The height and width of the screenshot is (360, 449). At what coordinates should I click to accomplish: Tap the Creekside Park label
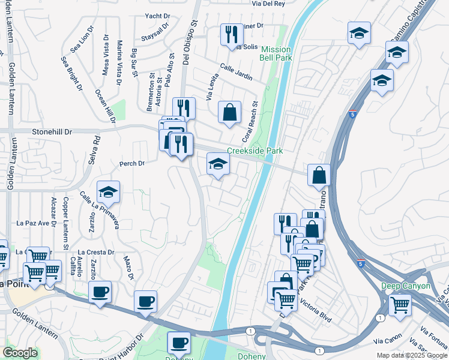(255, 151)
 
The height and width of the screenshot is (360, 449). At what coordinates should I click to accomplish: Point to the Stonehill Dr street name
(49, 131)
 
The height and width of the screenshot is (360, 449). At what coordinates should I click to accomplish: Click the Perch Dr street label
(132, 163)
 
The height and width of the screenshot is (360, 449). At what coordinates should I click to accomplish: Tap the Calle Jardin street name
(236, 72)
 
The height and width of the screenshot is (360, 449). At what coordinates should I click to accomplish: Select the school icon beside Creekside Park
(218, 164)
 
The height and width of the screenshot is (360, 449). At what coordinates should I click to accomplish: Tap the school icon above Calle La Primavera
(108, 191)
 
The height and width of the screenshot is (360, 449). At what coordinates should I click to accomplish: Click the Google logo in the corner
(20, 353)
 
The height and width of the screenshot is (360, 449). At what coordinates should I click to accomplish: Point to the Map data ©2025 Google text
(411, 355)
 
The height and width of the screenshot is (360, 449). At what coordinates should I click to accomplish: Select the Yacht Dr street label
(157, 16)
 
